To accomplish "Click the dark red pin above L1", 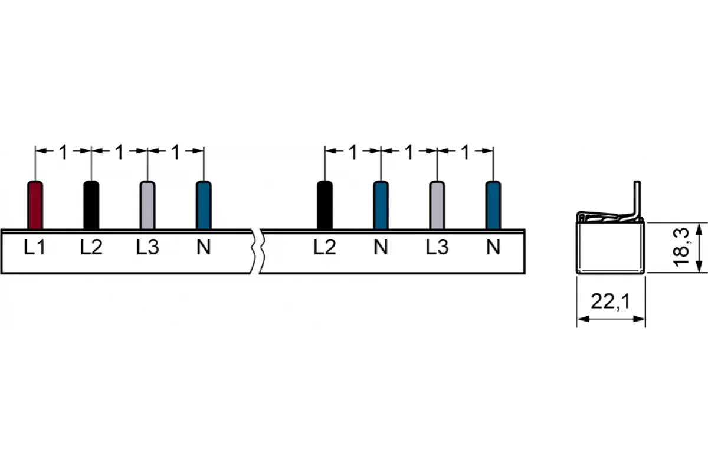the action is pyautogui.click(x=35, y=205).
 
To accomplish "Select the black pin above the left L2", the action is pyautogui.click(x=91, y=205).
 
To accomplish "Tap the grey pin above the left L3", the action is pyautogui.click(x=147, y=205).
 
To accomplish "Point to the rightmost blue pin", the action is pyautogui.click(x=493, y=205).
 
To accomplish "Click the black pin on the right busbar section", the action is pyautogui.click(x=324, y=205).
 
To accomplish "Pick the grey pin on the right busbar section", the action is pyautogui.click(x=437, y=205).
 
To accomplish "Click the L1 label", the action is pyautogui.click(x=35, y=247).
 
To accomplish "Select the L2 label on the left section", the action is pyautogui.click(x=91, y=247).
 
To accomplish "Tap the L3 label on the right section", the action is pyautogui.click(x=437, y=247).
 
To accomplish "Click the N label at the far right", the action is pyautogui.click(x=493, y=247).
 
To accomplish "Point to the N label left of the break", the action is pyautogui.click(x=204, y=247).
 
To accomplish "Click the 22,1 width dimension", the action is pyautogui.click(x=610, y=301).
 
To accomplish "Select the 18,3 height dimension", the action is pyautogui.click(x=681, y=247).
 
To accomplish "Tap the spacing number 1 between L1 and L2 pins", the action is pyautogui.click(x=64, y=152).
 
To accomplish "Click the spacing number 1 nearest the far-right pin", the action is pyautogui.click(x=466, y=152).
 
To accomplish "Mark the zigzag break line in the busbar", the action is pyautogui.click(x=257, y=251).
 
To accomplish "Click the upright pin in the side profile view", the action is pyautogui.click(x=637, y=201).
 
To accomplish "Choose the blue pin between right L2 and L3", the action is pyautogui.click(x=381, y=205).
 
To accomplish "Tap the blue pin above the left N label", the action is pyautogui.click(x=204, y=205).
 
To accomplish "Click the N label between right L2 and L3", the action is pyautogui.click(x=381, y=247).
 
